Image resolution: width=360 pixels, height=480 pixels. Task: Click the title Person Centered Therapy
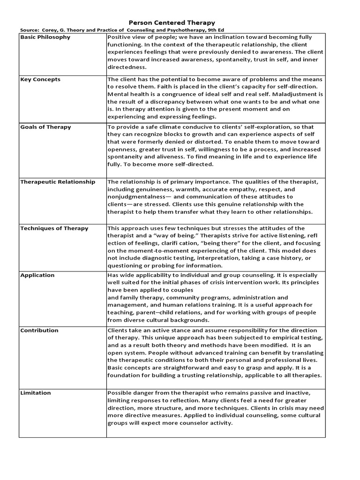[x=172, y=22]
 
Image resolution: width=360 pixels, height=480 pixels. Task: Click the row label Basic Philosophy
[x=45, y=37]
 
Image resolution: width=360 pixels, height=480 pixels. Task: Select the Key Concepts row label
[x=40, y=79]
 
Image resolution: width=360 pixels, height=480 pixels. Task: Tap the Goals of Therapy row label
[x=45, y=127]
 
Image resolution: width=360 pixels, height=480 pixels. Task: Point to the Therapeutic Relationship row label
[x=58, y=182]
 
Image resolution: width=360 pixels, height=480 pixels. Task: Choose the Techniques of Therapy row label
[x=54, y=228]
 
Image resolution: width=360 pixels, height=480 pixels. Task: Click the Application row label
[x=37, y=275]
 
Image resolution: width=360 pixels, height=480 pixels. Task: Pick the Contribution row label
[x=39, y=330]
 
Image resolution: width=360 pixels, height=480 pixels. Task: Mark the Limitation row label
[x=36, y=393]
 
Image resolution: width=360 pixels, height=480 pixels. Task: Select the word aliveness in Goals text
[x=166, y=157]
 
